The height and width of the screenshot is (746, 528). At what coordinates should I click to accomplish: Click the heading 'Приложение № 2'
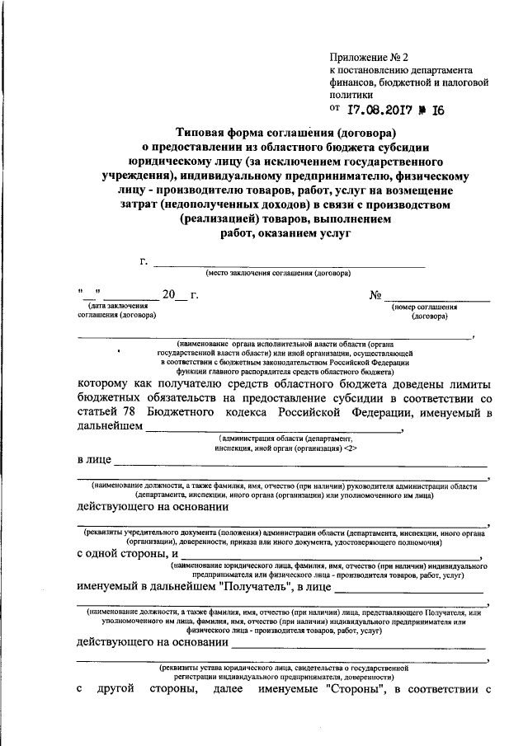coord(369,57)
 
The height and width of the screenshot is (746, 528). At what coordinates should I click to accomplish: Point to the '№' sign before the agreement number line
coord(375,294)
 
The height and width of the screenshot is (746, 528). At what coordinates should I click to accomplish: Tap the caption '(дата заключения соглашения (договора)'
coord(116,311)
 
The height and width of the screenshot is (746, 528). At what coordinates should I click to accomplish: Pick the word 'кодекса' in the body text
coord(291,412)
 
